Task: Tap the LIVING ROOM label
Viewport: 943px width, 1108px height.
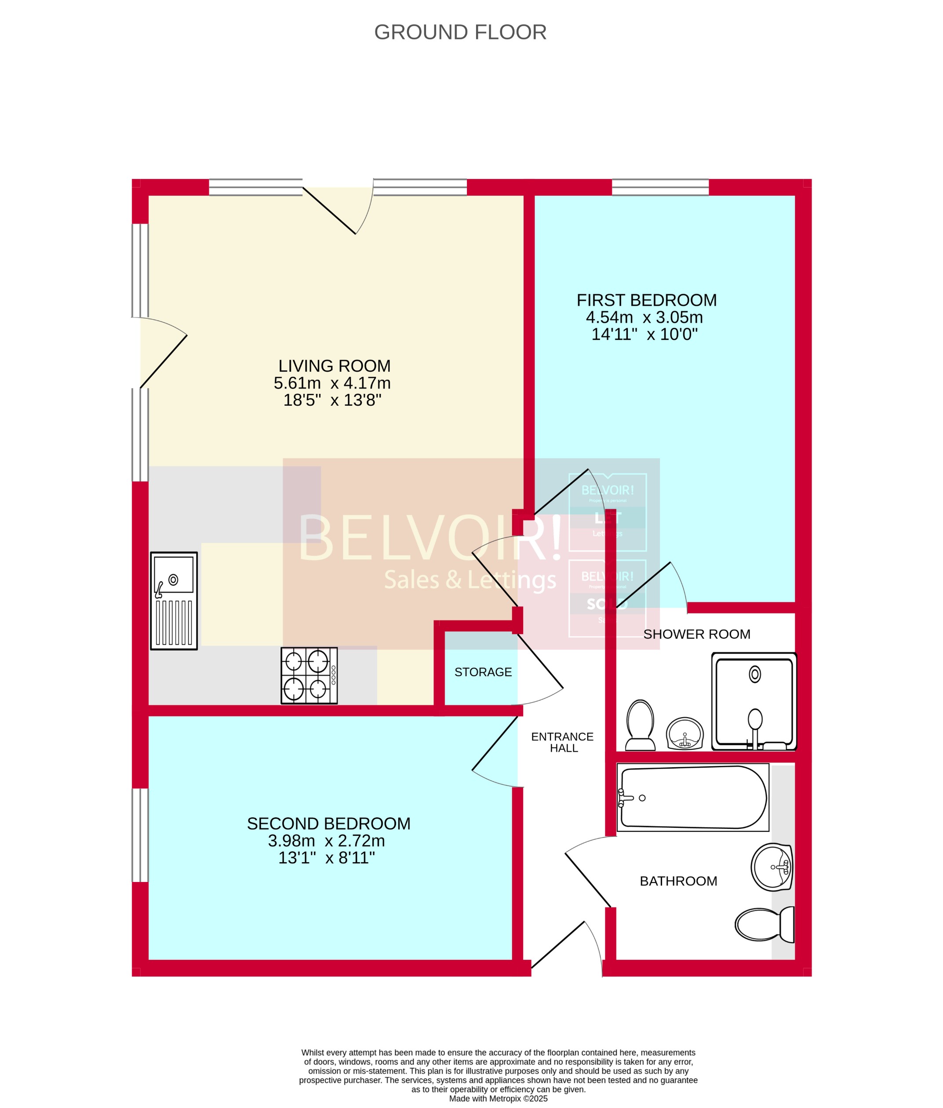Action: tap(334, 366)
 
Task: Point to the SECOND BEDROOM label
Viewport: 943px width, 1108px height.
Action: tap(328, 824)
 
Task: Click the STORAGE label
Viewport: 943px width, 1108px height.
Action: tap(483, 672)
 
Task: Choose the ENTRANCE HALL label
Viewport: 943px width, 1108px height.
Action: tap(562, 742)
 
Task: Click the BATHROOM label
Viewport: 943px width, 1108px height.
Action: tap(678, 881)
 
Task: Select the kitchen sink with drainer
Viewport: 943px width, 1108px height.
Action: tap(174, 601)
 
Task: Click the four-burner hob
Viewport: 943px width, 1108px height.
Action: tap(309, 675)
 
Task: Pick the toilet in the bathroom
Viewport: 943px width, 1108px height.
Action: tap(764, 925)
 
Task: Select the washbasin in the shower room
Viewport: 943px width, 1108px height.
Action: tap(685, 734)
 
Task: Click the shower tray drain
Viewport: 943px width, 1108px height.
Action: tap(755, 674)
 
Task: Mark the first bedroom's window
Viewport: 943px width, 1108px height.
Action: tap(660, 187)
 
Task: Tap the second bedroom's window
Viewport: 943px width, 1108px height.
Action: tap(140, 835)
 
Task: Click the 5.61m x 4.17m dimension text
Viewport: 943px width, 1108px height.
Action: tap(332, 383)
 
